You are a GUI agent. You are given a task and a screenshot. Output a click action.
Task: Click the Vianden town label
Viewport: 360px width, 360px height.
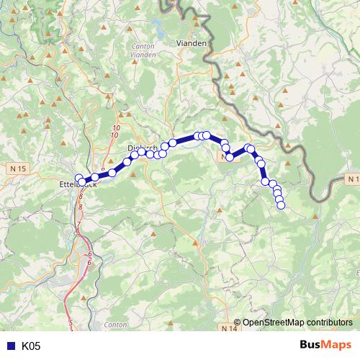[192, 43]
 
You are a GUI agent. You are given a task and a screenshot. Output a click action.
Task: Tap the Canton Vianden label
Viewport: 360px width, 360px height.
[144, 50]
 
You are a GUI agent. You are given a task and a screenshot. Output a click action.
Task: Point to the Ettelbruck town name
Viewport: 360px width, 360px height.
[76, 184]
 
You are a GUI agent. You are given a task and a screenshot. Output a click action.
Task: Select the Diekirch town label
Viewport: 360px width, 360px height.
[141, 148]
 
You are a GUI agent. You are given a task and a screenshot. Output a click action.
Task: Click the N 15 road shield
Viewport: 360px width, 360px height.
[19, 168]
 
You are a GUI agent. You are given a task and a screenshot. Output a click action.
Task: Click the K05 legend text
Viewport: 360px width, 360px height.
[31, 346]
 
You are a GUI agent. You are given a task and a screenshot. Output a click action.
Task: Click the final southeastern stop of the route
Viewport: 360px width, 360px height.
[281, 206]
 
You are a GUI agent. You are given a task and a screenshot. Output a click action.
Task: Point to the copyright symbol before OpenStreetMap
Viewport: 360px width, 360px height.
[238, 323]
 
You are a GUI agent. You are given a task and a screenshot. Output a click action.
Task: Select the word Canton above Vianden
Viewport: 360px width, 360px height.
[144, 46]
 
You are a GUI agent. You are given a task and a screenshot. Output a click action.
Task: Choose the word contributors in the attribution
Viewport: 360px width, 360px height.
[329, 323]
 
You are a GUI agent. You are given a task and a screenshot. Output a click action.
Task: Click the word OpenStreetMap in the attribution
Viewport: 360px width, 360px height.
[273, 323]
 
